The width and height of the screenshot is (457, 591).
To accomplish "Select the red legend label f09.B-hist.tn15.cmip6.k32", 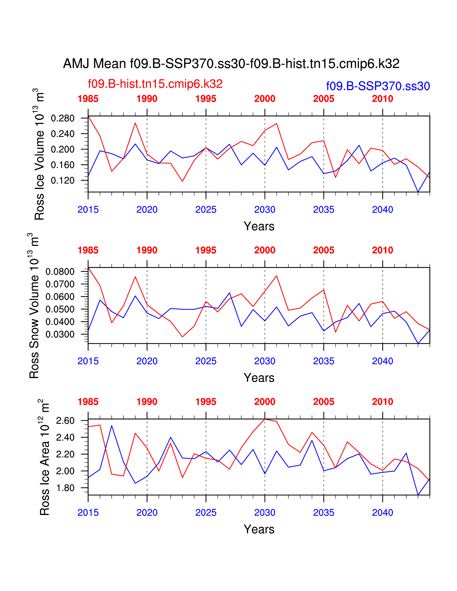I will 155,84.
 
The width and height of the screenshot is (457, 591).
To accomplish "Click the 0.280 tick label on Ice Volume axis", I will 63,118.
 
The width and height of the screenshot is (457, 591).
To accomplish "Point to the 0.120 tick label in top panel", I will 63,180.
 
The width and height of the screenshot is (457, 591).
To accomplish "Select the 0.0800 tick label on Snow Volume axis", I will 60,272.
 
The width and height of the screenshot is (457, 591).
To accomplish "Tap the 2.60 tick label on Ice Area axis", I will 65,421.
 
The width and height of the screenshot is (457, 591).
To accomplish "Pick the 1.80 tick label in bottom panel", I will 65,488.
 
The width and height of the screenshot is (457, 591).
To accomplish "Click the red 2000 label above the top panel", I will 265,99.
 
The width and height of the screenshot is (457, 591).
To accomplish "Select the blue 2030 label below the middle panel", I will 265,361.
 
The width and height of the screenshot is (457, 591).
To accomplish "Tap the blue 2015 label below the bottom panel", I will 88,513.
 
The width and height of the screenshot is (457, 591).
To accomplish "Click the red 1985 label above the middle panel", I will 88,250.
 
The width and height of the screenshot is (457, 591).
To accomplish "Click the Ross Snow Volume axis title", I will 34,306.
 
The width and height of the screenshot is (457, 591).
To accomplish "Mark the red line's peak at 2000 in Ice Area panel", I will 265,419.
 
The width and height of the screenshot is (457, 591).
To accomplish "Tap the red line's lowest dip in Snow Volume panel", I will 182,337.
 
